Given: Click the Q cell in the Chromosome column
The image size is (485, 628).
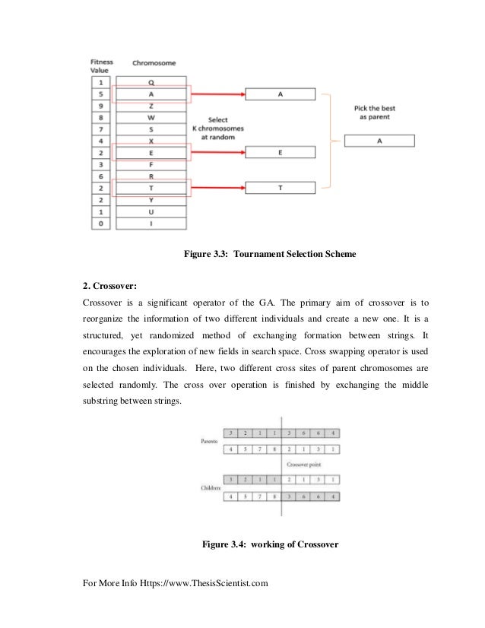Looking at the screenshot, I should (x=151, y=82).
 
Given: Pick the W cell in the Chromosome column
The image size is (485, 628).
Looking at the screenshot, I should (x=151, y=117).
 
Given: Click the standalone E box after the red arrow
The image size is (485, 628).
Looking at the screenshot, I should (x=279, y=153).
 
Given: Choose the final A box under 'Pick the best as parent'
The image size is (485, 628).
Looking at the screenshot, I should (x=379, y=141).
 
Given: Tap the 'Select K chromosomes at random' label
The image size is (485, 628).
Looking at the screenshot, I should (x=218, y=128).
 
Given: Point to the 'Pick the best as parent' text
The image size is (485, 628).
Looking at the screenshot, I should (x=375, y=113).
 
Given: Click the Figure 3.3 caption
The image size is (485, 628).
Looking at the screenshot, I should (x=270, y=253).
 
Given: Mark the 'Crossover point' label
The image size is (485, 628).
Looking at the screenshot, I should (x=303, y=464).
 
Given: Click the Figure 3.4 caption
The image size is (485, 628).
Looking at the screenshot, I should (x=269, y=544).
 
